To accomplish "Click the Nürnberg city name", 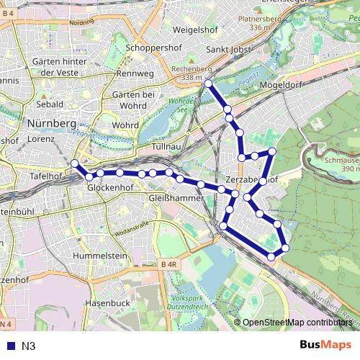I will tap(51, 124).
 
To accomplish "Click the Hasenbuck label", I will tap(107, 304).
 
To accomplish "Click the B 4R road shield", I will tap(169, 266).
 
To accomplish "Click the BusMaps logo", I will tap(326, 346).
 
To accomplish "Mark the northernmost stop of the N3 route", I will tap(208, 84).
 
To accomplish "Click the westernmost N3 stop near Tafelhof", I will tap(74, 163).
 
